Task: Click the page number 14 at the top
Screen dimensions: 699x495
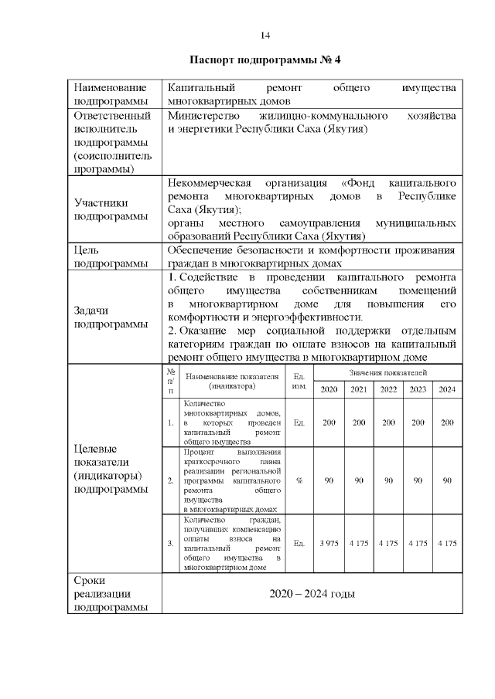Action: click(265, 36)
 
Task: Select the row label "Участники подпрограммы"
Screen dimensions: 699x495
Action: click(110, 209)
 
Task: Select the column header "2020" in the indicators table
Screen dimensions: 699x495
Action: click(329, 389)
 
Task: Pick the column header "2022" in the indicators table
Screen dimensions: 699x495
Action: click(388, 389)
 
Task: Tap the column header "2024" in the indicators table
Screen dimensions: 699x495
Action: click(447, 389)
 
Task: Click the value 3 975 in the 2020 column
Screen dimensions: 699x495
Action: click(329, 544)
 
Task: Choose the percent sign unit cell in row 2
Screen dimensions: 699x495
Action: click(299, 480)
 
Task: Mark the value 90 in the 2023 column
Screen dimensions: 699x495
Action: click(418, 480)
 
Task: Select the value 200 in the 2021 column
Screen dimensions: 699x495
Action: click(358, 423)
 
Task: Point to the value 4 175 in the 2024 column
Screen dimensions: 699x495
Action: click(447, 544)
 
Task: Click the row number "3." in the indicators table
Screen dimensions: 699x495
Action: click(170, 544)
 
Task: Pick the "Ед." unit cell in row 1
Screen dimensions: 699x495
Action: click(299, 423)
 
